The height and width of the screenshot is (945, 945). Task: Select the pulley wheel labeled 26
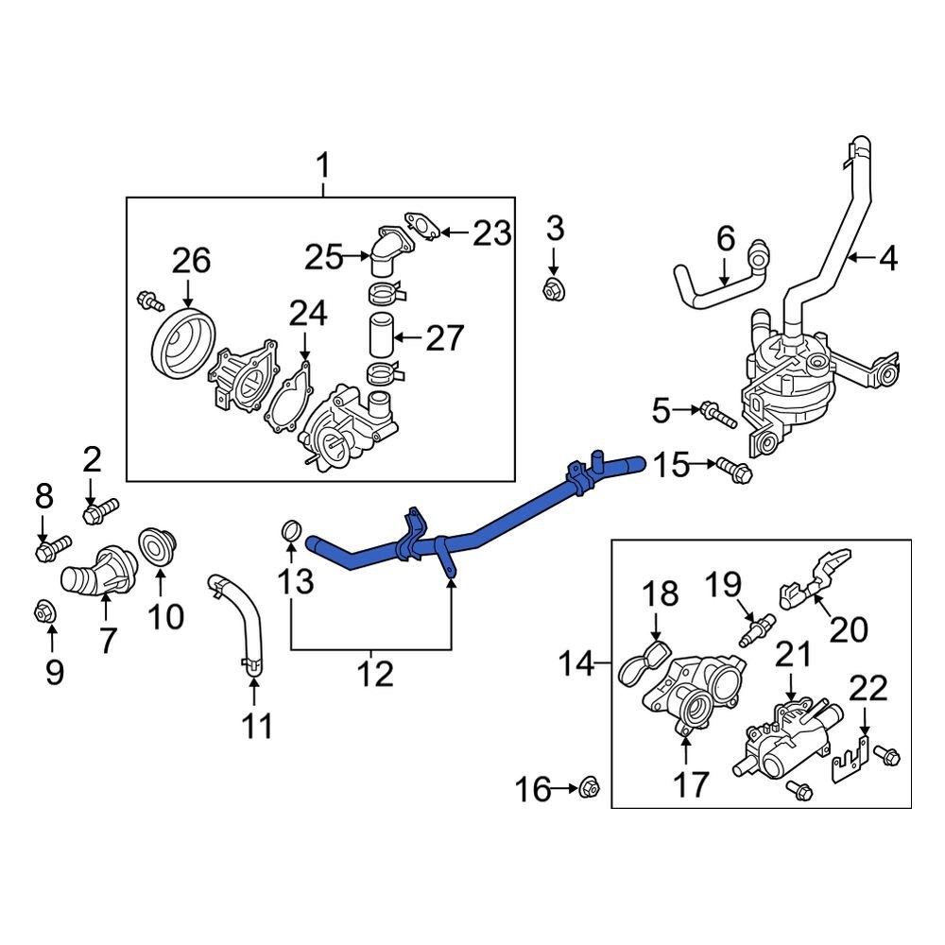(x=184, y=345)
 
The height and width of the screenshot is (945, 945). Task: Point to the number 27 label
(x=445, y=337)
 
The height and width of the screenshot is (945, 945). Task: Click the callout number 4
(x=889, y=257)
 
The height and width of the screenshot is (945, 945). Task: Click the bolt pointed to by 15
(x=732, y=467)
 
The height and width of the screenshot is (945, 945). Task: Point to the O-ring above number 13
(x=293, y=533)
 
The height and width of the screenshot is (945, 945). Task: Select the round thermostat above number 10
(x=151, y=545)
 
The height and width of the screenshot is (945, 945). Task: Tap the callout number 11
(x=257, y=727)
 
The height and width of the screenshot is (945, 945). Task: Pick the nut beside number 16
(x=588, y=784)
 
